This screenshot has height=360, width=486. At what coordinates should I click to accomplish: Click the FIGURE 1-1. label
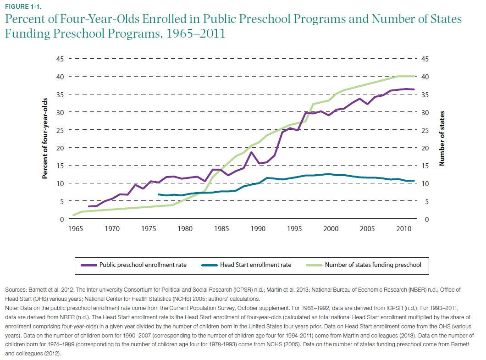tap(18, 6)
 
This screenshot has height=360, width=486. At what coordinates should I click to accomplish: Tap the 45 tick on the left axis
tap(60, 59)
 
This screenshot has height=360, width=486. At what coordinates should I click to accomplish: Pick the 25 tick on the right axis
tap(425, 130)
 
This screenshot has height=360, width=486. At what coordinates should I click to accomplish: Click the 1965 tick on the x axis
tap(74, 228)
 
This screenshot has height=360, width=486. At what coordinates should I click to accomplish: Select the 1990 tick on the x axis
tap(258, 228)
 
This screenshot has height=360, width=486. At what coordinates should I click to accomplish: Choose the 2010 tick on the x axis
tap(403, 228)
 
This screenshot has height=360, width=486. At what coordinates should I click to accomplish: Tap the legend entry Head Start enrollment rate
tap(255, 265)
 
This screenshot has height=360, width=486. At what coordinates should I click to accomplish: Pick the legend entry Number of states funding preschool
tap(373, 265)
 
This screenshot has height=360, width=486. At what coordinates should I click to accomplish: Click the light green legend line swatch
tap(310, 265)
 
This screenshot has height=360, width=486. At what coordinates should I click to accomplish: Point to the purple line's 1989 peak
tap(251, 152)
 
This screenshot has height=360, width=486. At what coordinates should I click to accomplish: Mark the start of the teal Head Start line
tap(159, 194)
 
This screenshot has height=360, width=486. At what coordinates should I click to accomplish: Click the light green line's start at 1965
tap(74, 215)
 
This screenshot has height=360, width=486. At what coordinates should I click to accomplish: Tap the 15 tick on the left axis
tap(60, 166)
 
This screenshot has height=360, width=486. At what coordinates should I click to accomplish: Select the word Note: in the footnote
tap(12, 305)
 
